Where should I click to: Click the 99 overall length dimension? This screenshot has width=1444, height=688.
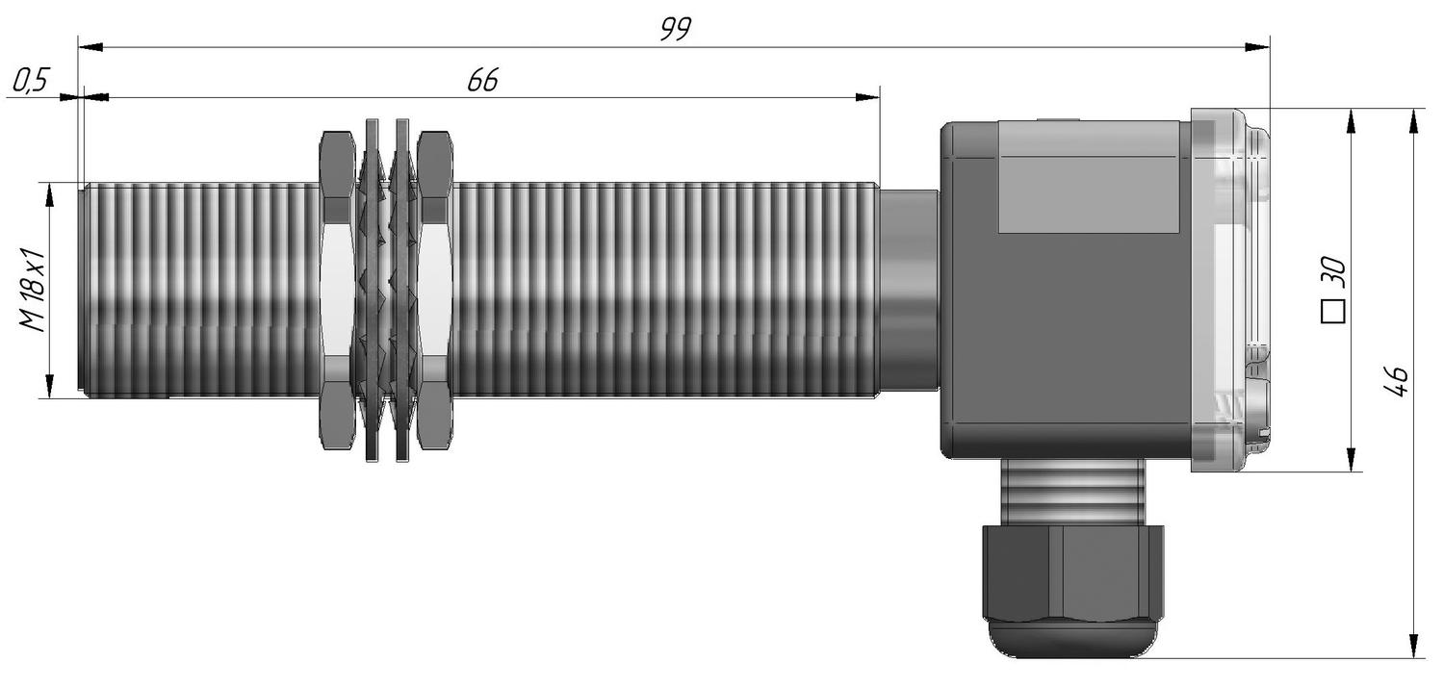pyautogui.click(x=676, y=29)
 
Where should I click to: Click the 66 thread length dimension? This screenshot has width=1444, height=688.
pyautogui.click(x=483, y=81)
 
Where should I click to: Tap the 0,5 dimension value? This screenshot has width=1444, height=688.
pyautogui.click(x=30, y=81)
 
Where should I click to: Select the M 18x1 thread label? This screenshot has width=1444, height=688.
pyautogui.click(x=32, y=290)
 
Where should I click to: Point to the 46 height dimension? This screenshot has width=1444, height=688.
pyautogui.click(x=1395, y=381)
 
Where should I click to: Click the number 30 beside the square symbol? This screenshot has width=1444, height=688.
pyautogui.click(x=1333, y=272)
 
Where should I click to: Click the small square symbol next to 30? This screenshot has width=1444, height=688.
pyautogui.click(x=1333, y=311)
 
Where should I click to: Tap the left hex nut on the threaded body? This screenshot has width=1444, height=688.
pyautogui.click(x=337, y=290)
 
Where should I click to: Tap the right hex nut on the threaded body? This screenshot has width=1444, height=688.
pyautogui.click(x=434, y=290)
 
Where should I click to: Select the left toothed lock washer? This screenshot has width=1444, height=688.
pyautogui.click(x=372, y=290)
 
